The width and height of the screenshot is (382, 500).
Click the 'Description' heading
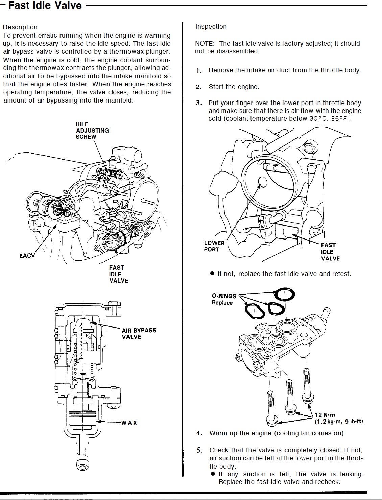(x=20, y=27)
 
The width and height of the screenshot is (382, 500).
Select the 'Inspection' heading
(x=211, y=26)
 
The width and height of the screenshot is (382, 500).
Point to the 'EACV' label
(x=27, y=256)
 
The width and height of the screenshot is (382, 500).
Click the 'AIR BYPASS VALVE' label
(x=139, y=333)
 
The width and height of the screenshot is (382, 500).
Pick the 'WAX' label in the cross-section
(x=130, y=423)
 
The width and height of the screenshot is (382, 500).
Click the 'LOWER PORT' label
(x=214, y=246)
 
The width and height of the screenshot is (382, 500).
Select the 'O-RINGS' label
(x=224, y=296)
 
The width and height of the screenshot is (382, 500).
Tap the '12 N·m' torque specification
(x=325, y=415)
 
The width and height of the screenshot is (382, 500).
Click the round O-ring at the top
(x=284, y=294)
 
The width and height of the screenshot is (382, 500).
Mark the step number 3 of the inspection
(x=199, y=103)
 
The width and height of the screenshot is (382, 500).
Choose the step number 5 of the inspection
(x=200, y=450)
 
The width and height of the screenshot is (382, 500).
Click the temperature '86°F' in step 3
(x=340, y=119)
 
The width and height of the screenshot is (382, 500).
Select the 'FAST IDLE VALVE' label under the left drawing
(x=118, y=274)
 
